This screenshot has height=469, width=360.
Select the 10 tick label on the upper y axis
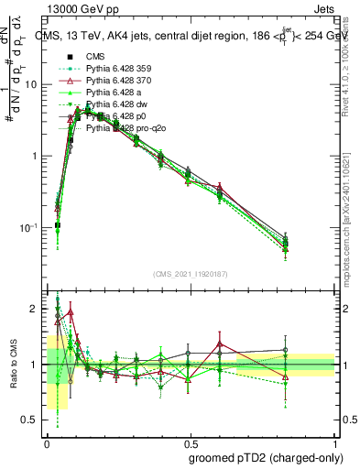point(32,84)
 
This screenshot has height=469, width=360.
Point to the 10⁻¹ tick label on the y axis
point(30,228)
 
